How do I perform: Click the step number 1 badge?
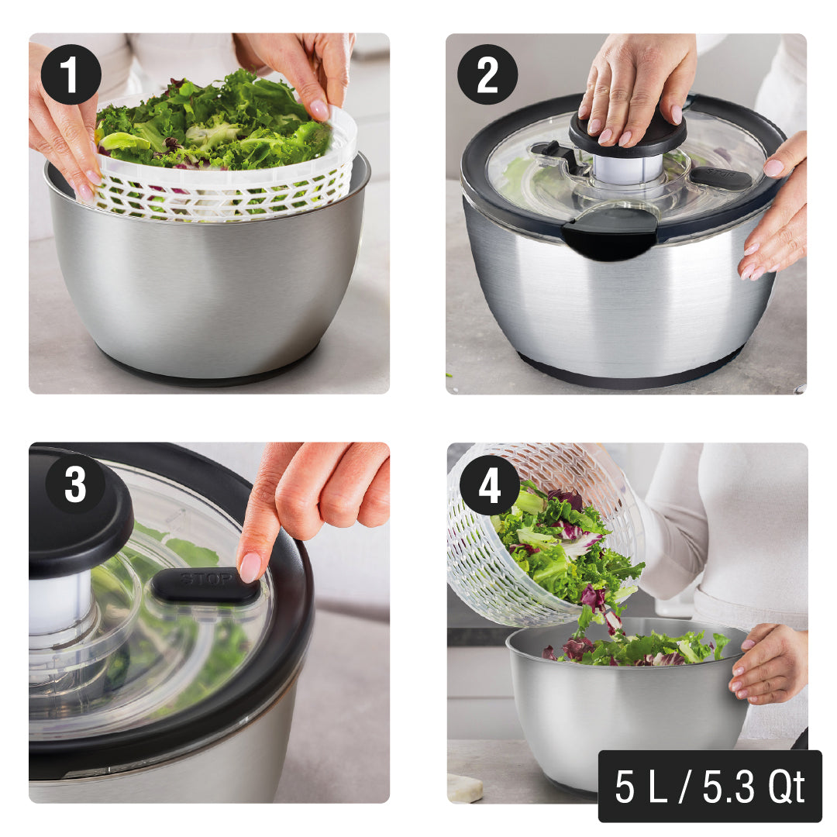tap(71, 74)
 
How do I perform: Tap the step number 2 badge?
tap(487, 74)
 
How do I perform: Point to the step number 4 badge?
tap(490, 485)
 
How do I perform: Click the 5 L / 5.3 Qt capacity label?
tap(709, 786)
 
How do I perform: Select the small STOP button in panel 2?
tap(720, 177)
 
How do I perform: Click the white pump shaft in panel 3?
tap(58, 601)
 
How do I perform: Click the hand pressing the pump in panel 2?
tap(635, 85)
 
